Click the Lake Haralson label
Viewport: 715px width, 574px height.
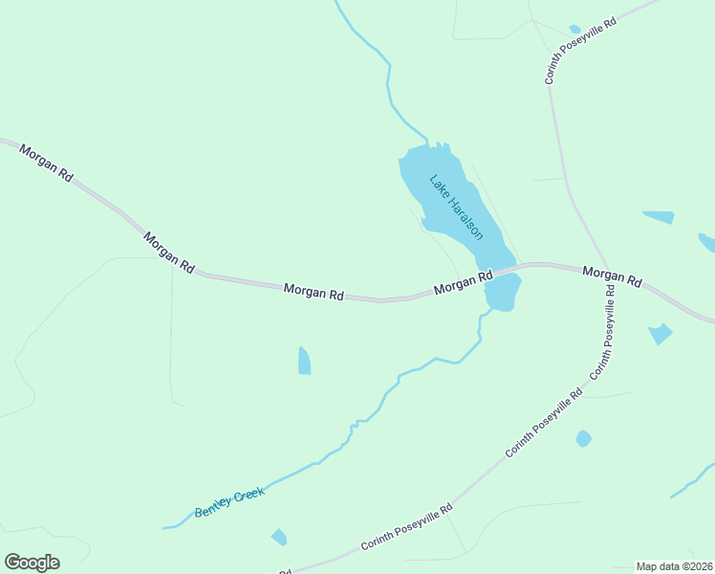click(x=456, y=207)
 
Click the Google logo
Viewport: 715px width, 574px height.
click(x=32, y=563)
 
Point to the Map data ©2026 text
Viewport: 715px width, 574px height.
click(x=674, y=566)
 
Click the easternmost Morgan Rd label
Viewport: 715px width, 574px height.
click(x=612, y=276)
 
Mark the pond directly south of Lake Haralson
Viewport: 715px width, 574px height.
click(x=503, y=293)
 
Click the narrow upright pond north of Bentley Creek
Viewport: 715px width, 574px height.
click(x=304, y=361)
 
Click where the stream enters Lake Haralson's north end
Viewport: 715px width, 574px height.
click(x=426, y=144)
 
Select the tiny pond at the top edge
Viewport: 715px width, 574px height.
click(x=574, y=30)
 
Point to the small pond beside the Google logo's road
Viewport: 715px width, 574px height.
click(x=278, y=537)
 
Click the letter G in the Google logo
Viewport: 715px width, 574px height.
click(x=12, y=563)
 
